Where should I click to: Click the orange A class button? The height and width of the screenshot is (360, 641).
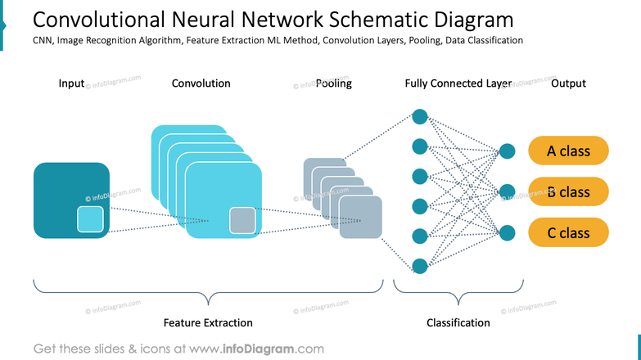(568, 151)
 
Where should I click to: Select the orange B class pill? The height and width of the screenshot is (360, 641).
(568, 191)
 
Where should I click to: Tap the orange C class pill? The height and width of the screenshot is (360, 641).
(568, 232)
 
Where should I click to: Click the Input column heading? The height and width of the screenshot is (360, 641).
(71, 83)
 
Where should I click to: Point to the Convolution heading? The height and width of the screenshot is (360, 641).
(201, 83)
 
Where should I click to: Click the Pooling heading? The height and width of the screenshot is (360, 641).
(333, 83)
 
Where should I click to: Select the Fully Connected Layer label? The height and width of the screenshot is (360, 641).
(458, 83)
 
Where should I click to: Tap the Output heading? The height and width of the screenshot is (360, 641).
(568, 83)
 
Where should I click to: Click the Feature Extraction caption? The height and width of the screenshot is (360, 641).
(208, 323)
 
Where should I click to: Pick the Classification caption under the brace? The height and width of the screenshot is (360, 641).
(458, 323)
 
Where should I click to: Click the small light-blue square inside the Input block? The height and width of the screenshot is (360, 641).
(90, 219)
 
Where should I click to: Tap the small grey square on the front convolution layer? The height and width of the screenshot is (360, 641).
(242, 221)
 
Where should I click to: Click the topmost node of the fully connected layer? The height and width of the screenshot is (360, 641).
(420, 117)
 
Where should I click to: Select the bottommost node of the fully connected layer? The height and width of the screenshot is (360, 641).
(420, 266)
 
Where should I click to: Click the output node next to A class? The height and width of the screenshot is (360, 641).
(508, 151)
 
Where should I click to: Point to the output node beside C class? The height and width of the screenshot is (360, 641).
(508, 233)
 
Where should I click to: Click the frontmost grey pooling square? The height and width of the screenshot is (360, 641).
(360, 217)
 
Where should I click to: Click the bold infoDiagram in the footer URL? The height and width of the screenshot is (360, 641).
(258, 349)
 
